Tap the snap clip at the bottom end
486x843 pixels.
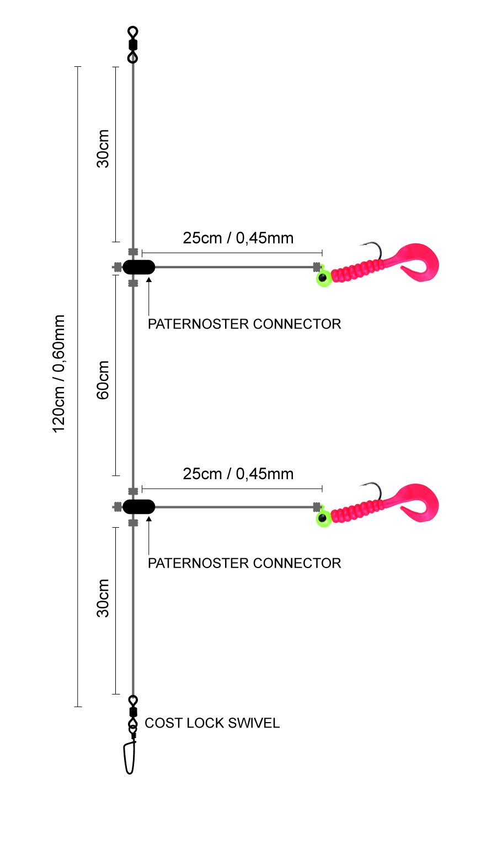click(x=130, y=757)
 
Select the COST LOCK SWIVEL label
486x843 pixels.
click(x=212, y=723)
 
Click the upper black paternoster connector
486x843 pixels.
click(x=139, y=267)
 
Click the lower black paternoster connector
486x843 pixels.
click(x=139, y=506)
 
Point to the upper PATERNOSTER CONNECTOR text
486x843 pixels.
click(x=244, y=324)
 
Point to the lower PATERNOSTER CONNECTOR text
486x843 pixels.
click(x=244, y=563)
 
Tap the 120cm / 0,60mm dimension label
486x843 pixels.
click(x=59, y=374)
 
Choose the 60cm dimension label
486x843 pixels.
click(x=103, y=379)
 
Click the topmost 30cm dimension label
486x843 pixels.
click(x=103, y=148)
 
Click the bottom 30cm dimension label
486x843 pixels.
click(x=103, y=598)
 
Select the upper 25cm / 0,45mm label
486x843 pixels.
click(x=238, y=238)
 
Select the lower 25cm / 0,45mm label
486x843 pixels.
click(x=238, y=474)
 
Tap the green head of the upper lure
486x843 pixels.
click(x=323, y=278)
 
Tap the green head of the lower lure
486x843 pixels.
click(x=323, y=518)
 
